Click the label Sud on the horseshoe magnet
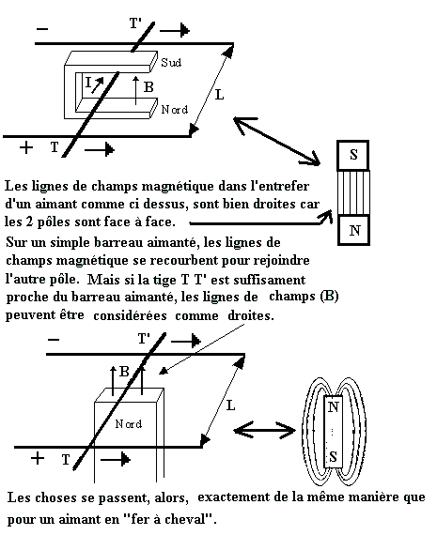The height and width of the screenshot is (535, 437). point(171,63)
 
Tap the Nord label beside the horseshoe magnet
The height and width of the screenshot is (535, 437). point(175,110)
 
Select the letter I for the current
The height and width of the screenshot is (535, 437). point(88,83)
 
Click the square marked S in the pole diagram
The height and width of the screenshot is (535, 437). point(353,155)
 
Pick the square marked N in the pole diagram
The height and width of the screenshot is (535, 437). point(354,230)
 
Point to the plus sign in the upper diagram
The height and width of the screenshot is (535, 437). point(26,147)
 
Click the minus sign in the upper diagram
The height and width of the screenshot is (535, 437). point(42,29)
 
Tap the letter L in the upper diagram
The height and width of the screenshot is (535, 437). point(219,95)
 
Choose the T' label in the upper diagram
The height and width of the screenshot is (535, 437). point(135,23)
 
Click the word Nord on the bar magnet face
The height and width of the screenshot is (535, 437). point(129,424)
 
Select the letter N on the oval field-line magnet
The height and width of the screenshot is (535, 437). point(333,406)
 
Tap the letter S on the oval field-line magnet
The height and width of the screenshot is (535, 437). point(333,456)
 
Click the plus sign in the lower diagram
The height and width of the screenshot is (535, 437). point(38,458)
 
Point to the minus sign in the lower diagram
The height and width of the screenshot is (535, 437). point(54,340)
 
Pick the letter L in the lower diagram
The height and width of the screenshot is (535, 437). point(230,405)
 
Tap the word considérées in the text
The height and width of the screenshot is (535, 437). point(130,315)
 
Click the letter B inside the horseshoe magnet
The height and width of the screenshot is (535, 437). point(148,87)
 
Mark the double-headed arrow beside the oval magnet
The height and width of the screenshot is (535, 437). point(264,431)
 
